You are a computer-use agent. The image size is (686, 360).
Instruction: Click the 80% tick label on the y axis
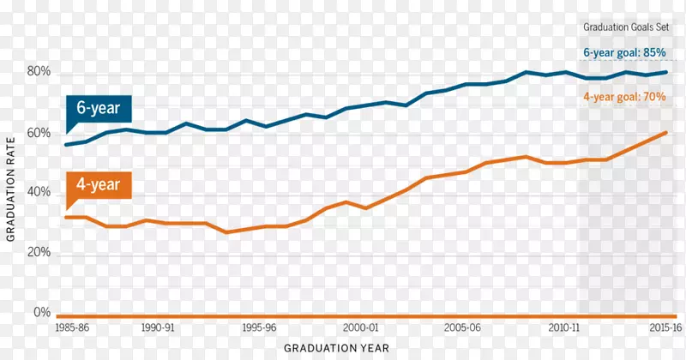39,73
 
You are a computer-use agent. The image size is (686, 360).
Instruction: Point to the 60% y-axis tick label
39,134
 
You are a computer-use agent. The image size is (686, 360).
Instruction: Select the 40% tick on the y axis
39,194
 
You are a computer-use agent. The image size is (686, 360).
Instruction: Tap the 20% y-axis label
39,254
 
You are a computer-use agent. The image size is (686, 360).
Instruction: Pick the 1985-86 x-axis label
72,328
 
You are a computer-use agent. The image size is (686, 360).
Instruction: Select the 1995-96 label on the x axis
258,328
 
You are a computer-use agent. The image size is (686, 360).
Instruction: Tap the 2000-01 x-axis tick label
360,328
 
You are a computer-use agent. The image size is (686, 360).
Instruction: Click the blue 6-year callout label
98,109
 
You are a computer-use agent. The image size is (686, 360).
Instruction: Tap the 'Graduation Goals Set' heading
625,27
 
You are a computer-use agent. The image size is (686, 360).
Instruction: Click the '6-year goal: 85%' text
625,53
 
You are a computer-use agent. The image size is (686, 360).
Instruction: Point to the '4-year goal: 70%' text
625,98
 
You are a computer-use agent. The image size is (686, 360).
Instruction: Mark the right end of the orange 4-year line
666,132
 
